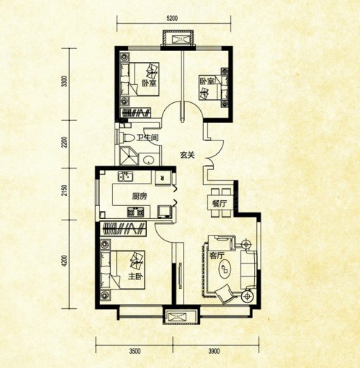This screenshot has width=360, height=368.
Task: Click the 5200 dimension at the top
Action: coord(172,18)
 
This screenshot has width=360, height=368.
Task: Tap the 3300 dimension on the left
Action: coord(64,81)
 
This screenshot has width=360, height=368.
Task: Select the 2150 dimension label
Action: coord(64,190)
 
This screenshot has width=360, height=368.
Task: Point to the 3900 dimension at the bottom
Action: coord(214,351)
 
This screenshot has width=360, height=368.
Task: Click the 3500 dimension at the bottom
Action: coord(135,351)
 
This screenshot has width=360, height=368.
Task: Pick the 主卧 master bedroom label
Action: coord(135,277)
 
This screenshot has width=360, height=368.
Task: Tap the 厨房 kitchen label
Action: coord(140,197)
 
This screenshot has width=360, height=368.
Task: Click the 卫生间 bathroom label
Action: coord(148,138)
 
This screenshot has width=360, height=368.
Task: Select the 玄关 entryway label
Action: coord(187,156)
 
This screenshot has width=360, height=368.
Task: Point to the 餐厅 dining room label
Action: coord(220,204)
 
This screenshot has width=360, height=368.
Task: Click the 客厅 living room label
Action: coord(217,256)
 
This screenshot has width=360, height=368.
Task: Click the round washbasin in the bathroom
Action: coord(149,159)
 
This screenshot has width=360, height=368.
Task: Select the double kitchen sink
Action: coord(125,176)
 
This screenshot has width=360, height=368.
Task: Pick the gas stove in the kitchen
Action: coord(135,212)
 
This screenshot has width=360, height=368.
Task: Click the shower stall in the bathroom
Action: coord(129,156)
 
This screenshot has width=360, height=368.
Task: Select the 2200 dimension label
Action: coord(64,142)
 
